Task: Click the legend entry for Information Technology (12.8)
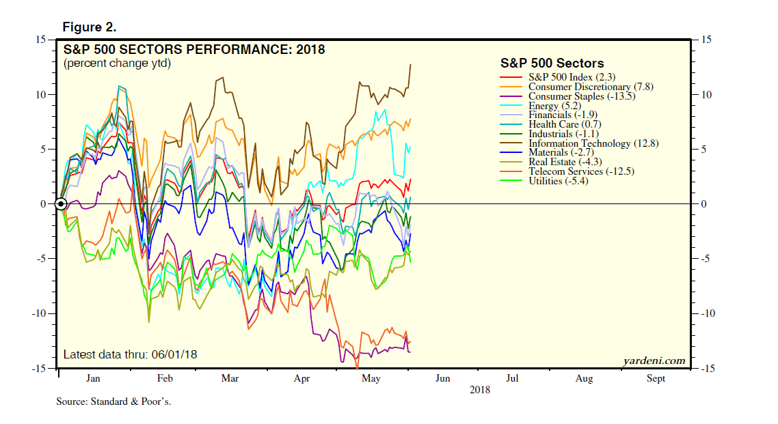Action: pyautogui.click(x=580, y=143)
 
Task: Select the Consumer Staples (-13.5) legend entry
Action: pyautogui.click(x=573, y=96)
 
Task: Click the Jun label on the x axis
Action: pyautogui.click(x=443, y=378)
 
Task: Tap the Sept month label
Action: pyautogui.click(x=656, y=378)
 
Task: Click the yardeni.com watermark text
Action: pyautogui.click(x=654, y=361)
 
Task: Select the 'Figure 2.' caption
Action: pyautogui.click(x=89, y=27)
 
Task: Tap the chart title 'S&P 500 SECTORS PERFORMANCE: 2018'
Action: pyautogui.click(x=194, y=49)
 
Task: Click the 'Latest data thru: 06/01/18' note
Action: pyautogui.click(x=130, y=355)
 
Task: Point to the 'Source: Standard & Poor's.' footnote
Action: pyautogui.click(x=113, y=401)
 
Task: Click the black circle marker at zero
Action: pyautogui.click(x=61, y=203)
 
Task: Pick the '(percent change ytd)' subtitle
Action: pyautogui.click(x=117, y=63)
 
